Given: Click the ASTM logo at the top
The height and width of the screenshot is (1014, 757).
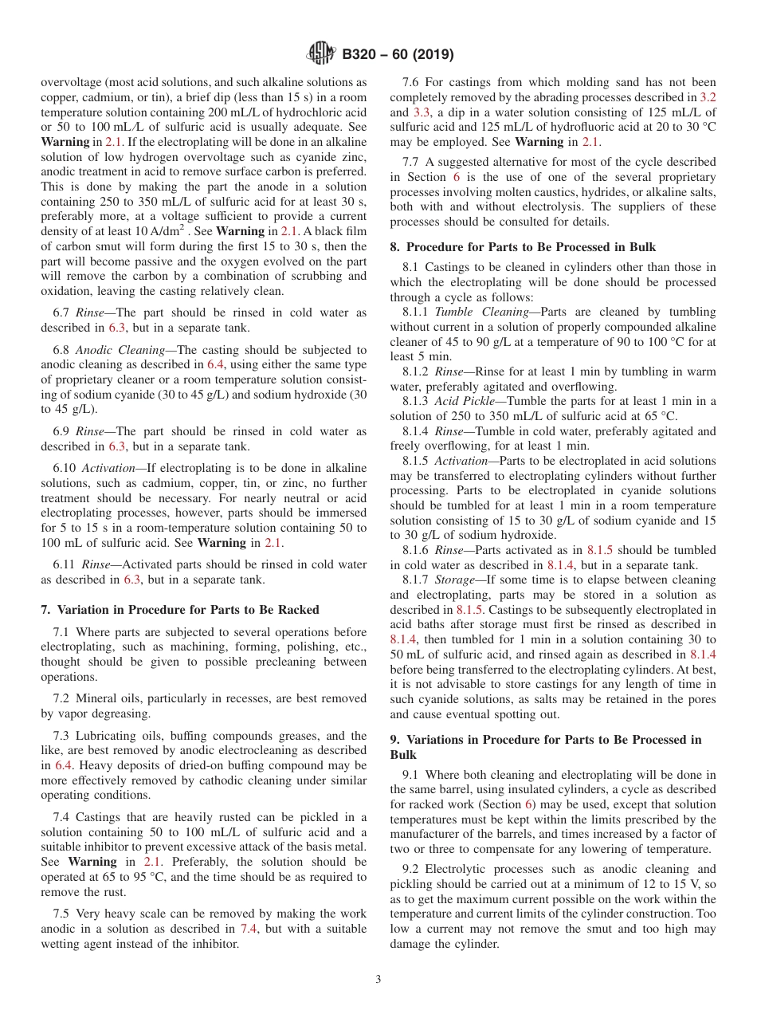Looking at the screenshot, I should tap(320, 54).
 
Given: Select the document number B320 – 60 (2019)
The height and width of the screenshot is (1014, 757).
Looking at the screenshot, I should tap(398, 55).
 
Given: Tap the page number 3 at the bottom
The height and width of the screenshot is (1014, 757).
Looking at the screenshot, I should tap(378, 979).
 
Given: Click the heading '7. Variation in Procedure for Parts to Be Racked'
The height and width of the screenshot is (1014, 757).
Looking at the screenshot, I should tap(179, 610).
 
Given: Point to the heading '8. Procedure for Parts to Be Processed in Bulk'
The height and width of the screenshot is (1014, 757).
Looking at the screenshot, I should tap(523, 247).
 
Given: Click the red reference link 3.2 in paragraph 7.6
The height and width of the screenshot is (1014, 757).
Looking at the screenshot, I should tap(707, 97).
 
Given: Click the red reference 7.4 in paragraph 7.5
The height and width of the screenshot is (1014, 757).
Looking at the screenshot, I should tap(249, 929).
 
